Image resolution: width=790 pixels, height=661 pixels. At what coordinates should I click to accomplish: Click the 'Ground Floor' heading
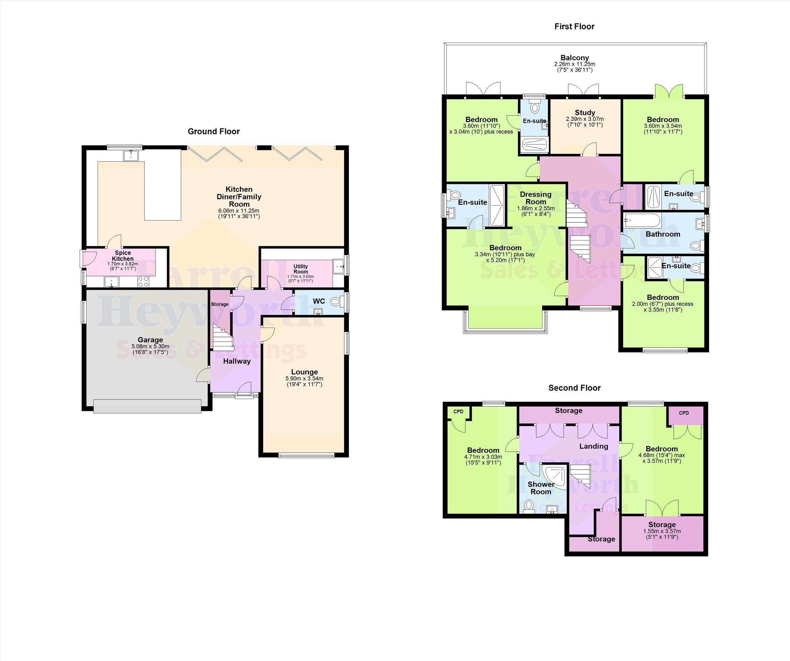pyautogui.click(x=214, y=131)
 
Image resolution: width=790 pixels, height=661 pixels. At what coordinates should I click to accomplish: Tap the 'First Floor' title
pyautogui.click(x=574, y=26)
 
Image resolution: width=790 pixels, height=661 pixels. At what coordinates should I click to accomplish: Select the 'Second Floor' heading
pyautogui.click(x=574, y=388)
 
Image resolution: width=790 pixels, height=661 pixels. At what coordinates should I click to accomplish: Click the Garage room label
pyautogui.click(x=150, y=340)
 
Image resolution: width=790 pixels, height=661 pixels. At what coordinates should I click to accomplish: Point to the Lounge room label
pyautogui.click(x=304, y=372)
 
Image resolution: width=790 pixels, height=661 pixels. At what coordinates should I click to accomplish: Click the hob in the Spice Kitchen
pyautogui.click(x=143, y=281)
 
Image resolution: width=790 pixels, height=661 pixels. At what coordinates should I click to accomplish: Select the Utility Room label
pyautogui.click(x=300, y=269)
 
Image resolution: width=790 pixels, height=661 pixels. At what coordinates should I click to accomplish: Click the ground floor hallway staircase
pyautogui.click(x=223, y=337)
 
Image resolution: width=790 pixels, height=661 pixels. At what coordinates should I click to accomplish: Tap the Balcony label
pyautogui.click(x=574, y=58)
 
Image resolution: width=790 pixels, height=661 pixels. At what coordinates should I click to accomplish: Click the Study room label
pyautogui.click(x=585, y=112)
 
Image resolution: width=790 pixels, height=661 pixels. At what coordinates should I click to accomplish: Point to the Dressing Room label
pyautogui.click(x=536, y=198)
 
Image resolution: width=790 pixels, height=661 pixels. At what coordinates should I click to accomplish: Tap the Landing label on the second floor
pyautogui.click(x=594, y=446)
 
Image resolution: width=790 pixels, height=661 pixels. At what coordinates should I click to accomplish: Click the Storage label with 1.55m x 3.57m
pyautogui.click(x=662, y=525)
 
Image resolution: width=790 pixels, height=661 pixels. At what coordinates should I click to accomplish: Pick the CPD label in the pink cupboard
pyautogui.click(x=684, y=413)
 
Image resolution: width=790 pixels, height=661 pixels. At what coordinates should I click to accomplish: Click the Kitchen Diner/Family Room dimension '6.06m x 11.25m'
pyautogui.click(x=239, y=210)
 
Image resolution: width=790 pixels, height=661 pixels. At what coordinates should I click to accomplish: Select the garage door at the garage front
pyautogui.click(x=147, y=406)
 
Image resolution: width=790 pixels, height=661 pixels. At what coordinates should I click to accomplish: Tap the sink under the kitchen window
pyautogui.click(x=132, y=155)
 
